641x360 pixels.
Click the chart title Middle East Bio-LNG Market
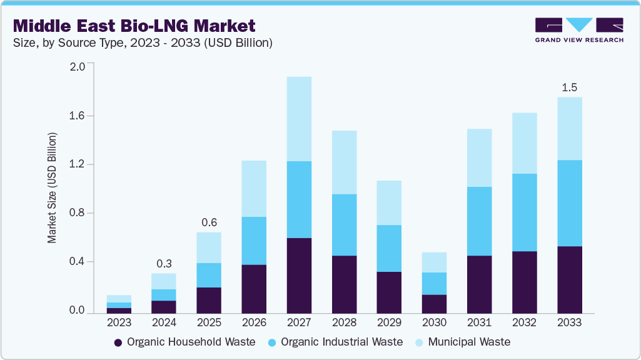pyautogui.click(x=134, y=26)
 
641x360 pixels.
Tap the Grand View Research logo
pyautogui.click(x=578, y=30)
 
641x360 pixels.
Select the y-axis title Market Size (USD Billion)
pyautogui.click(x=53, y=187)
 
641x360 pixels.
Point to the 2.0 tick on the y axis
pyautogui.click(x=77, y=67)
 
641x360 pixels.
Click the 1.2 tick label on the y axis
pyautogui.click(x=77, y=164)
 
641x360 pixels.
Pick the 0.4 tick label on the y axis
pyautogui.click(x=77, y=262)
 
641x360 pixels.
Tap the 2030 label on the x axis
pyautogui.click(x=434, y=323)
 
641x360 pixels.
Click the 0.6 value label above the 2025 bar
pyautogui.click(x=209, y=222)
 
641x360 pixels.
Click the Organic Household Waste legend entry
pyautogui.click(x=184, y=342)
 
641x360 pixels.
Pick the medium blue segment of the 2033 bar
pyautogui.click(x=568, y=203)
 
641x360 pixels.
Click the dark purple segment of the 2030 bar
pyautogui.click(x=434, y=304)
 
